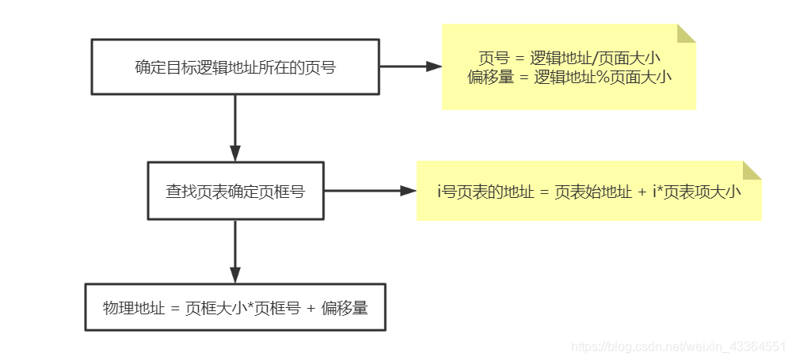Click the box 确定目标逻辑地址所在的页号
click(235, 67)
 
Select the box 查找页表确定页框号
click(235, 191)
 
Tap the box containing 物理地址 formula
click(235, 307)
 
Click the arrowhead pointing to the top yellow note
click(434, 67)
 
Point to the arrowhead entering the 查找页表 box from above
click(235, 154)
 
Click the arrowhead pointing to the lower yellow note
click(409, 191)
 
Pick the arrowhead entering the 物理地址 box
click(235, 275)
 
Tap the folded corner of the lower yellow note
click(752, 170)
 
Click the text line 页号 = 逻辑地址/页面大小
click(569, 59)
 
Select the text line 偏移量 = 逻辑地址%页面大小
click(569, 77)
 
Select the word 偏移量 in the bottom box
click(345, 308)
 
